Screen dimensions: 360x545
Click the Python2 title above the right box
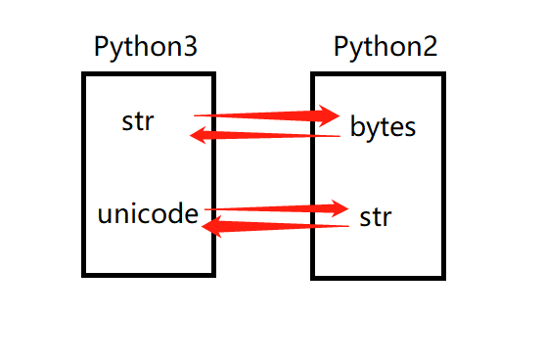pyautogui.click(x=385, y=47)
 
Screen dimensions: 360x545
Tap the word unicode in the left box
pyautogui.click(x=148, y=214)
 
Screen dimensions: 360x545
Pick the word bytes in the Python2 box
pyautogui.click(x=383, y=126)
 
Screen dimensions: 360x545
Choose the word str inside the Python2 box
pyautogui.click(x=375, y=216)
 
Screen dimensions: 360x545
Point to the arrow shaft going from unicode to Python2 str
pyautogui.click(x=269, y=208)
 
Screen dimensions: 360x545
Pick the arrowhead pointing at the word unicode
pyautogui.click(x=210, y=227)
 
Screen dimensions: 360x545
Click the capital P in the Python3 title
pyautogui.click(x=102, y=47)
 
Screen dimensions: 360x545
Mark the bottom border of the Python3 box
pyautogui.click(x=148, y=273)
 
